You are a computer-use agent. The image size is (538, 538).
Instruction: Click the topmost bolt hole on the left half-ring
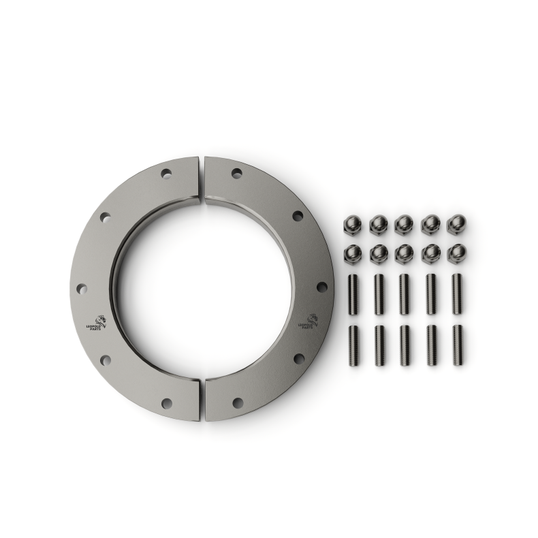166,173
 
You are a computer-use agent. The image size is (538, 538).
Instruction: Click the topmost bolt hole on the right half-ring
236,173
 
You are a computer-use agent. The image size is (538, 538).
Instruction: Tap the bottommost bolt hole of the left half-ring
166,403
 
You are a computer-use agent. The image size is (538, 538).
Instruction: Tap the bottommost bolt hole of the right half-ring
237,403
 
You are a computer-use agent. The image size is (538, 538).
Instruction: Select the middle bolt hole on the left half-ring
82,288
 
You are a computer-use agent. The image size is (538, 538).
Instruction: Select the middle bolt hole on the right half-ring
321,287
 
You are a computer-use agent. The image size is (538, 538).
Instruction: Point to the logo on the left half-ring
97,323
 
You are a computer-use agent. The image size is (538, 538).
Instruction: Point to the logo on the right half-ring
308,321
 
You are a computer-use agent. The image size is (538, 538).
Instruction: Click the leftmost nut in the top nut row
353,224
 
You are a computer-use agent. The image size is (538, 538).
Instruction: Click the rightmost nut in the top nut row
457,224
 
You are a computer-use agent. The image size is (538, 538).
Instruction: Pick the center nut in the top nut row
405,224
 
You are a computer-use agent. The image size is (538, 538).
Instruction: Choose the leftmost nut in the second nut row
353,254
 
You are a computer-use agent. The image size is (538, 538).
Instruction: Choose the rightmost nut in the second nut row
457,254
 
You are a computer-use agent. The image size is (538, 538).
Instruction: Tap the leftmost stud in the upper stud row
353,294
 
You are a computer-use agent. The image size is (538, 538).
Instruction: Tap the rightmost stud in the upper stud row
457,294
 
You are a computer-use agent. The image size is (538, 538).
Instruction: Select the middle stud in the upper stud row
405,294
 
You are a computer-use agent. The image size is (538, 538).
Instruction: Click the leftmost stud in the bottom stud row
353,345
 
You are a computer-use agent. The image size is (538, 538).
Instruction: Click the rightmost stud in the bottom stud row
457,345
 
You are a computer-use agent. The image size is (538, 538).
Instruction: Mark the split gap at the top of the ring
202,179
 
